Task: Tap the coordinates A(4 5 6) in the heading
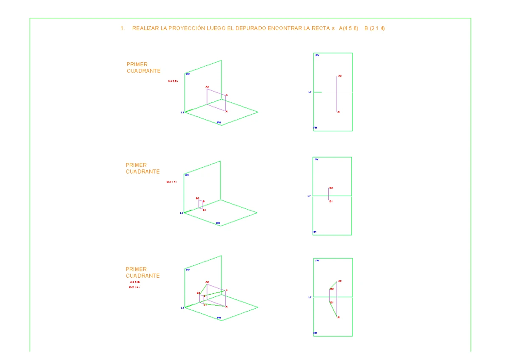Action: pyautogui.click(x=349, y=28)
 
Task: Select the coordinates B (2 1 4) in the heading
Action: pyautogui.click(x=375, y=28)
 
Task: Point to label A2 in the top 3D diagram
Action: pyautogui.click(x=207, y=87)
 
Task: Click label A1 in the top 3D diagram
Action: pyautogui.click(x=227, y=112)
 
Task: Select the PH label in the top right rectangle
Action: pyautogui.click(x=316, y=127)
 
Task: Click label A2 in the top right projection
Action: pyautogui.click(x=340, y=76)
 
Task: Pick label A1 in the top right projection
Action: pyautogui.click(x=339, y=112)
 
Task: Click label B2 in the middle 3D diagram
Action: pyautogui.click(x=197, y=198)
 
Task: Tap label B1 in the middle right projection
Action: pyautogui.click(x=331, y=201)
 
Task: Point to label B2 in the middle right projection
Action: pyautogui.click(x=331, y=188)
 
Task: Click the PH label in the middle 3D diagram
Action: pyautogui.click(x=218, y=223)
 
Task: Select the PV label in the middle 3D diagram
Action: pyautogui.click(x=187, y=175)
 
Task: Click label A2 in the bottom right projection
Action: pyautogui.click(x=340, y=281)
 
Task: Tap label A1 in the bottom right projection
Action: pyautogui.click(x=339, y=317)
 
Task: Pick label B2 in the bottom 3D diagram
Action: pyautogui.click(x=198, y=293)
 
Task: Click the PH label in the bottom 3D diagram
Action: pyautogui.click(x=219, y=318)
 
